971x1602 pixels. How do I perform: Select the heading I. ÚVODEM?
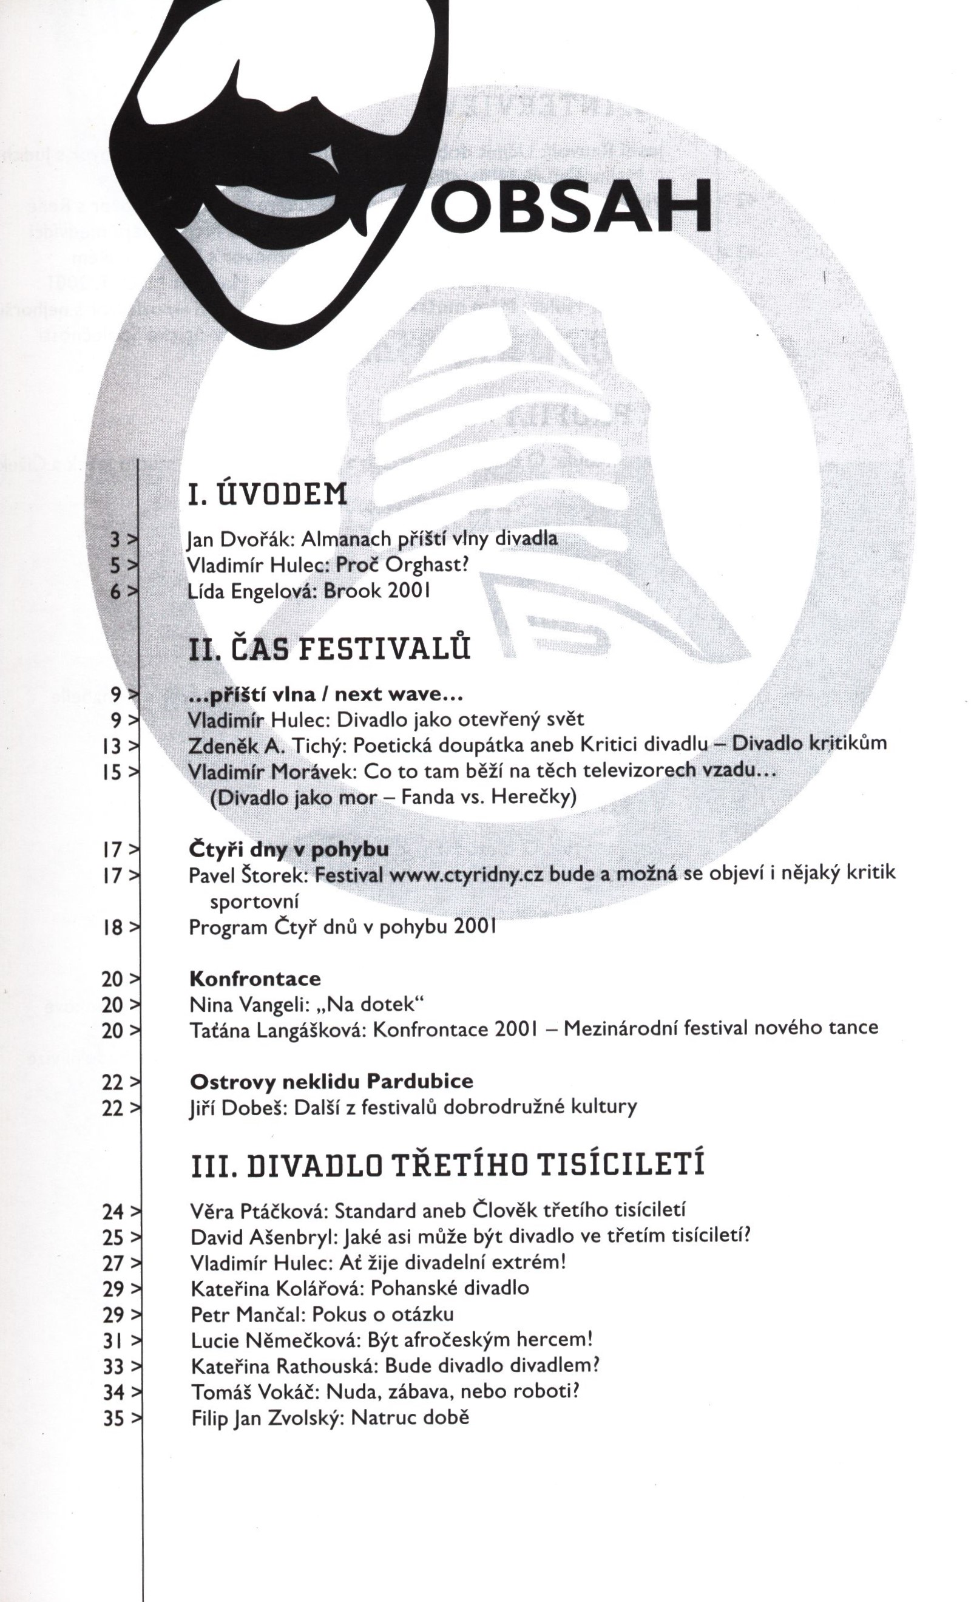pyautogui.click(x=267, y=495)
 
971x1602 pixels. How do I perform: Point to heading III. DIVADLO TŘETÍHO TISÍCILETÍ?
pyautogui.click(x=448, y=1164)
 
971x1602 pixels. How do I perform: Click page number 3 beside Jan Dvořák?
pyautogui.click(x=116, y=540)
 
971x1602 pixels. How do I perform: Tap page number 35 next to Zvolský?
pyautogui.click(x=113, y=1418)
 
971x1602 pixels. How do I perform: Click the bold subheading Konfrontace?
pyautogui.click(x=255, y=978)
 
